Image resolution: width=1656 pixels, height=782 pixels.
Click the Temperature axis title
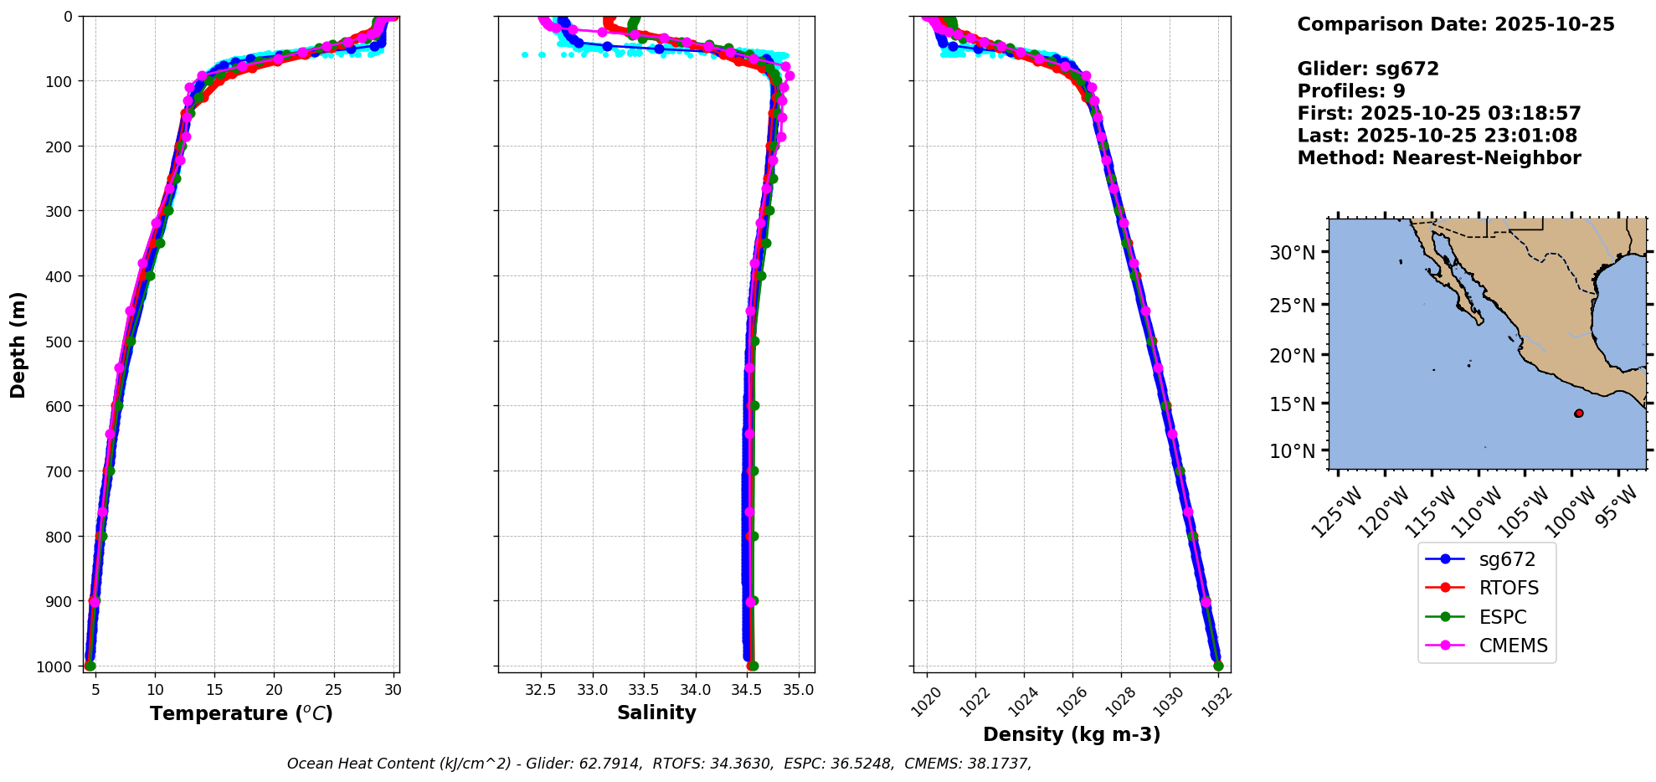click(x=241, y=713)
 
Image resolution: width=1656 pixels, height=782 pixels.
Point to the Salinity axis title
click(x=656, y=713)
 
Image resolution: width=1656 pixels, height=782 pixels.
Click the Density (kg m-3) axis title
click(x=1072, y=734)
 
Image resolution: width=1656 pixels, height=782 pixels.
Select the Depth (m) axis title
click(x=18, y=344)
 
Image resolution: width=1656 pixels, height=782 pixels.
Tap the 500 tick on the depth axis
click(x=59, y=341)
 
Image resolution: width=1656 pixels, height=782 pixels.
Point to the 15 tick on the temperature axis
click(x=214, y=690)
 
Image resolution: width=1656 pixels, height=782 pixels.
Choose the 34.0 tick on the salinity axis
click(x=695, y=690)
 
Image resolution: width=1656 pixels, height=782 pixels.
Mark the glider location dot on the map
click(x=1579, y=413)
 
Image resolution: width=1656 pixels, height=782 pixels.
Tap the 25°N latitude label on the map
click(x=1293, y=305)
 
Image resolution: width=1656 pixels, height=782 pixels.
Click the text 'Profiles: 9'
click(x=1351, y=91)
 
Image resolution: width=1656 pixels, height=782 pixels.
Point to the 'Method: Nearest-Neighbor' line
click(x=1439, y=158)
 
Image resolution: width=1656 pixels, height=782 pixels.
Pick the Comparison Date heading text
click(x=1456, y=24)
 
